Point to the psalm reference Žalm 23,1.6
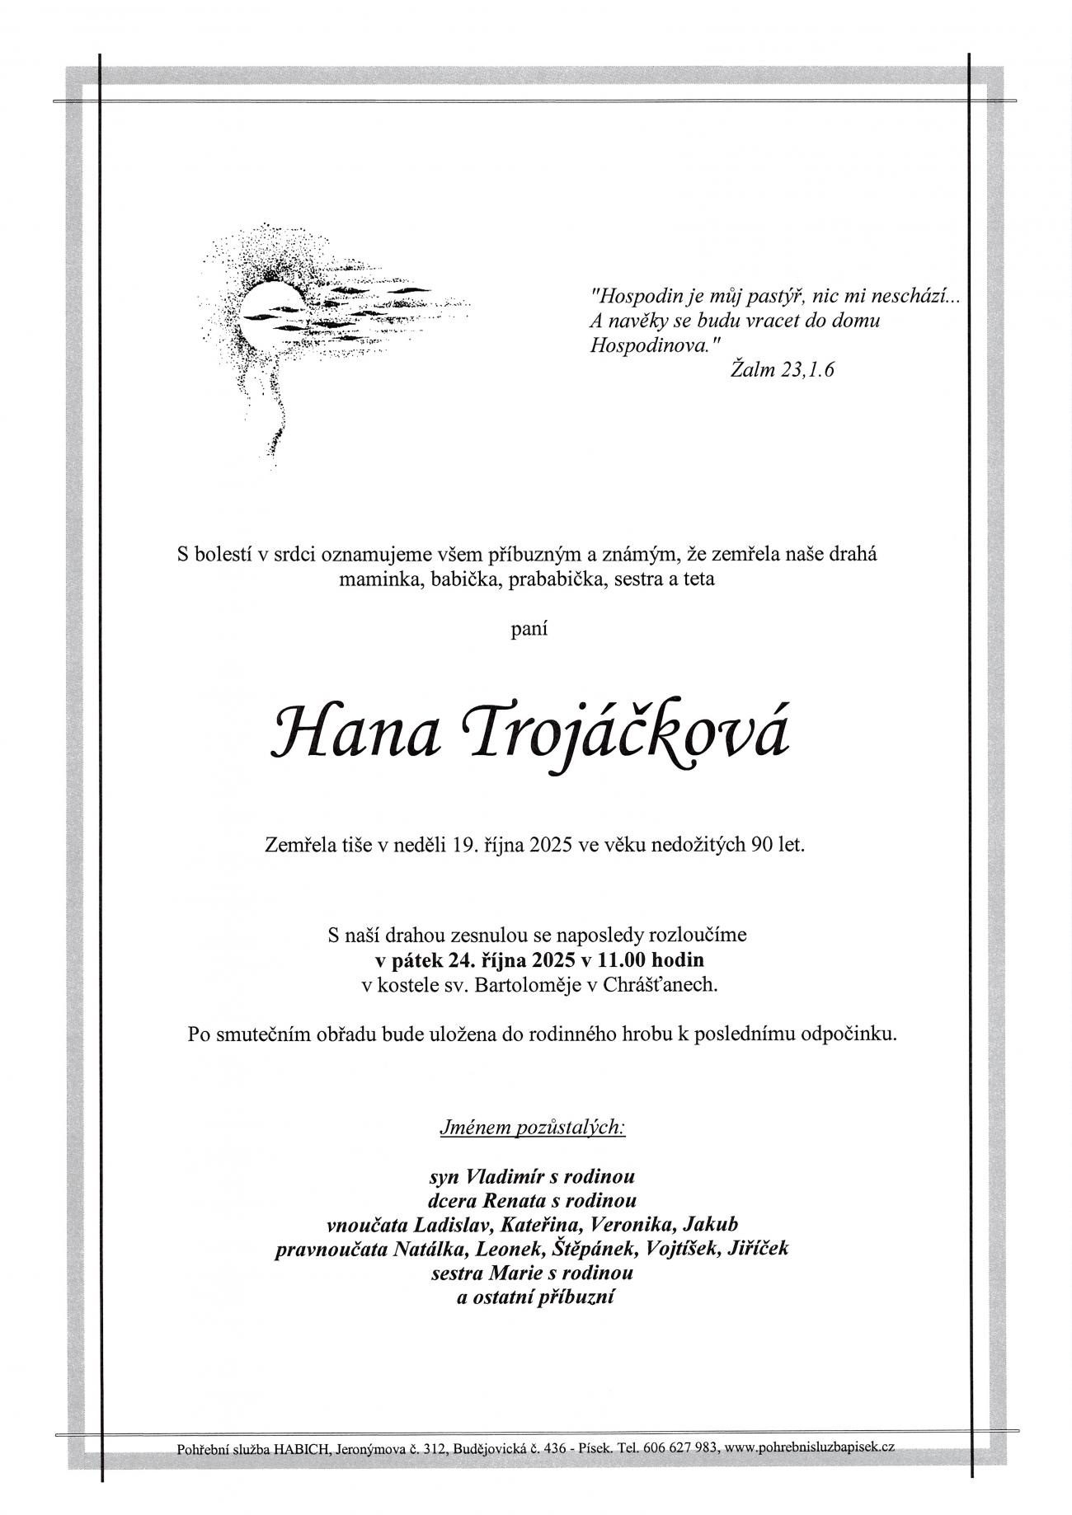783,370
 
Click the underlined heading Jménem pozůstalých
533,1128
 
